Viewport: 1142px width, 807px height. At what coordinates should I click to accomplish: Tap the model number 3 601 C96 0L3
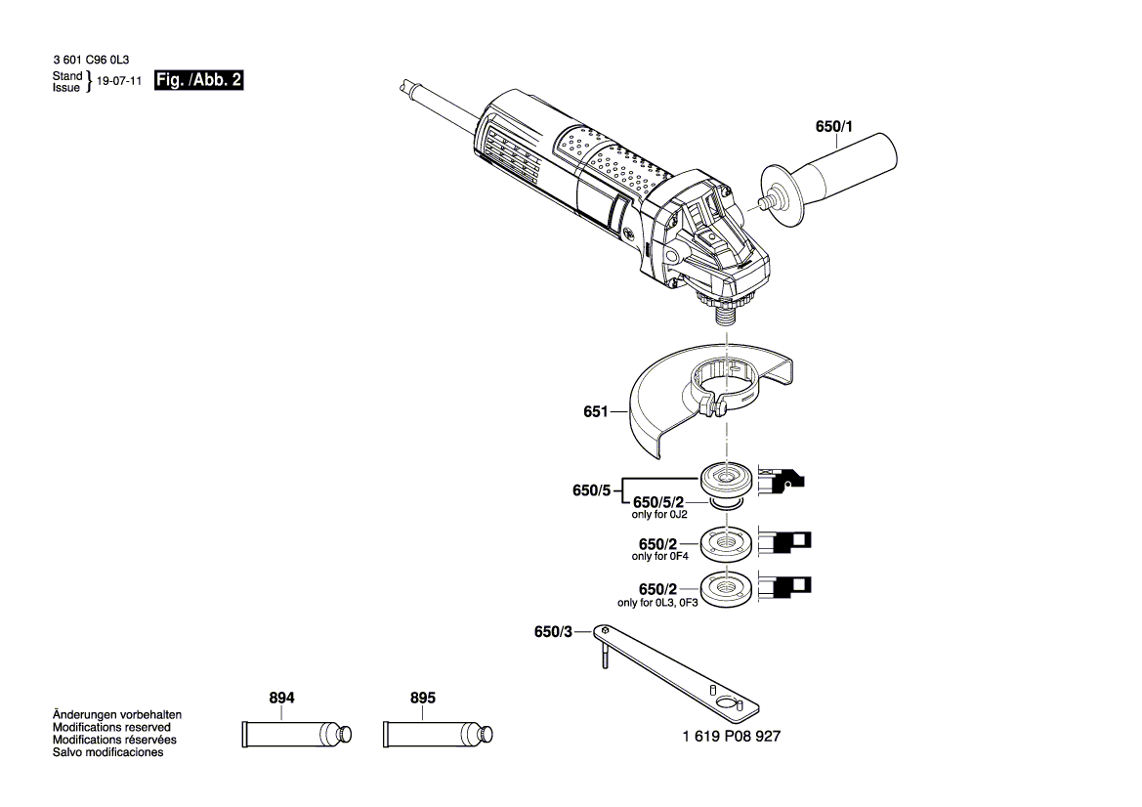tap(90, 61)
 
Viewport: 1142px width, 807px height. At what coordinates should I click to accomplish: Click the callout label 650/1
tap(833, 126)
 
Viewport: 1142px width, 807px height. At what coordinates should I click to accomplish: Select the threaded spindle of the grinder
tap(727, 312)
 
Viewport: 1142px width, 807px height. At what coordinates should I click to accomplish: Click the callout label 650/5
tap(591, 490)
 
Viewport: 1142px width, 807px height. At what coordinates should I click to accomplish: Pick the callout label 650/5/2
tap(659, 502)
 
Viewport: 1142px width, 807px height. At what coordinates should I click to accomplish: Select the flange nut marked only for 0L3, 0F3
tap(726, 586)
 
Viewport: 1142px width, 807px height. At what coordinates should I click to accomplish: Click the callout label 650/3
tap(553, 632)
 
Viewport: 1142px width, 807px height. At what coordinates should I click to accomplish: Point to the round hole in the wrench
tap(726, 702)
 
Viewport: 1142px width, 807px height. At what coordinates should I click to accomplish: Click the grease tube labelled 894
tap(293, 734)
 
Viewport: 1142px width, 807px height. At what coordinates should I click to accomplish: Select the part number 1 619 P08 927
tap(731, 736)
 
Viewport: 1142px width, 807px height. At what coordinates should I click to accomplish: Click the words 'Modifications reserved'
tap(111, 728)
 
